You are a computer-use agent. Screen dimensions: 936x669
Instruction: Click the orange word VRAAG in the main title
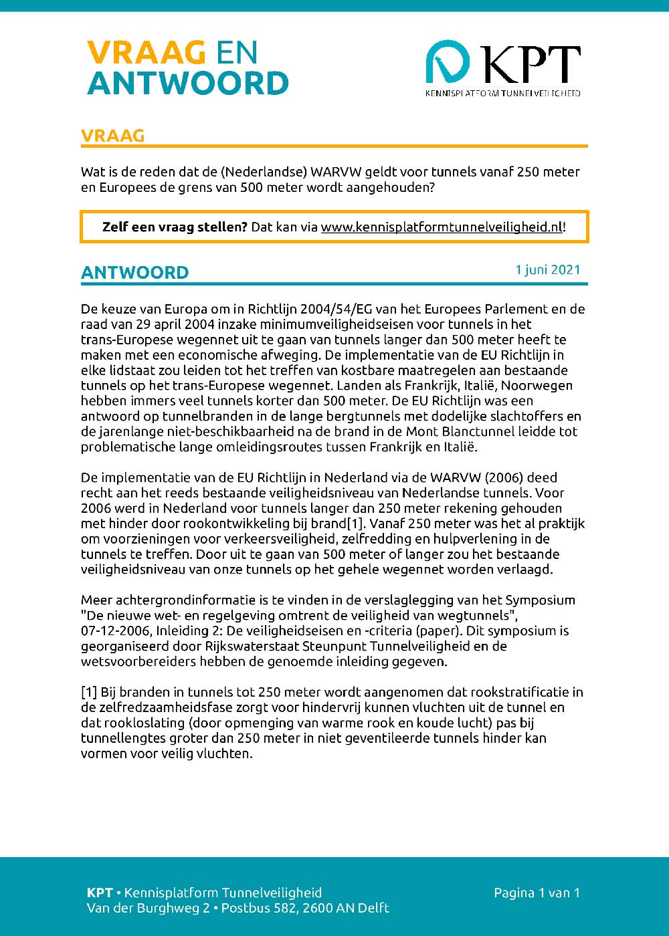(x=145, y=53)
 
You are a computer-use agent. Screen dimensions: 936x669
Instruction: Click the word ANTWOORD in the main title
(x=187, y=84)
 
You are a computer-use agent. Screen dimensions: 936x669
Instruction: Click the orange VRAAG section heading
(x=112, y=136)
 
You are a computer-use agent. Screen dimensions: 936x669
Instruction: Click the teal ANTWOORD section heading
(x=134, y=273)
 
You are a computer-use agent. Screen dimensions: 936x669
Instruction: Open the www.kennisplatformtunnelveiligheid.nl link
(x=442, y=227)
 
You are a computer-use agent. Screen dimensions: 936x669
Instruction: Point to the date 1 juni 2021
(x=547, y=269)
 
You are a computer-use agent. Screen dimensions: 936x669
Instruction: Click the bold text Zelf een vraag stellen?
(x=175, y=227)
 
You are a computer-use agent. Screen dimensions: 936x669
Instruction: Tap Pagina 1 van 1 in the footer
(x=537, y=893)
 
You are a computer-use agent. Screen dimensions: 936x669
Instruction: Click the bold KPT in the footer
(x=100, y=893)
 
